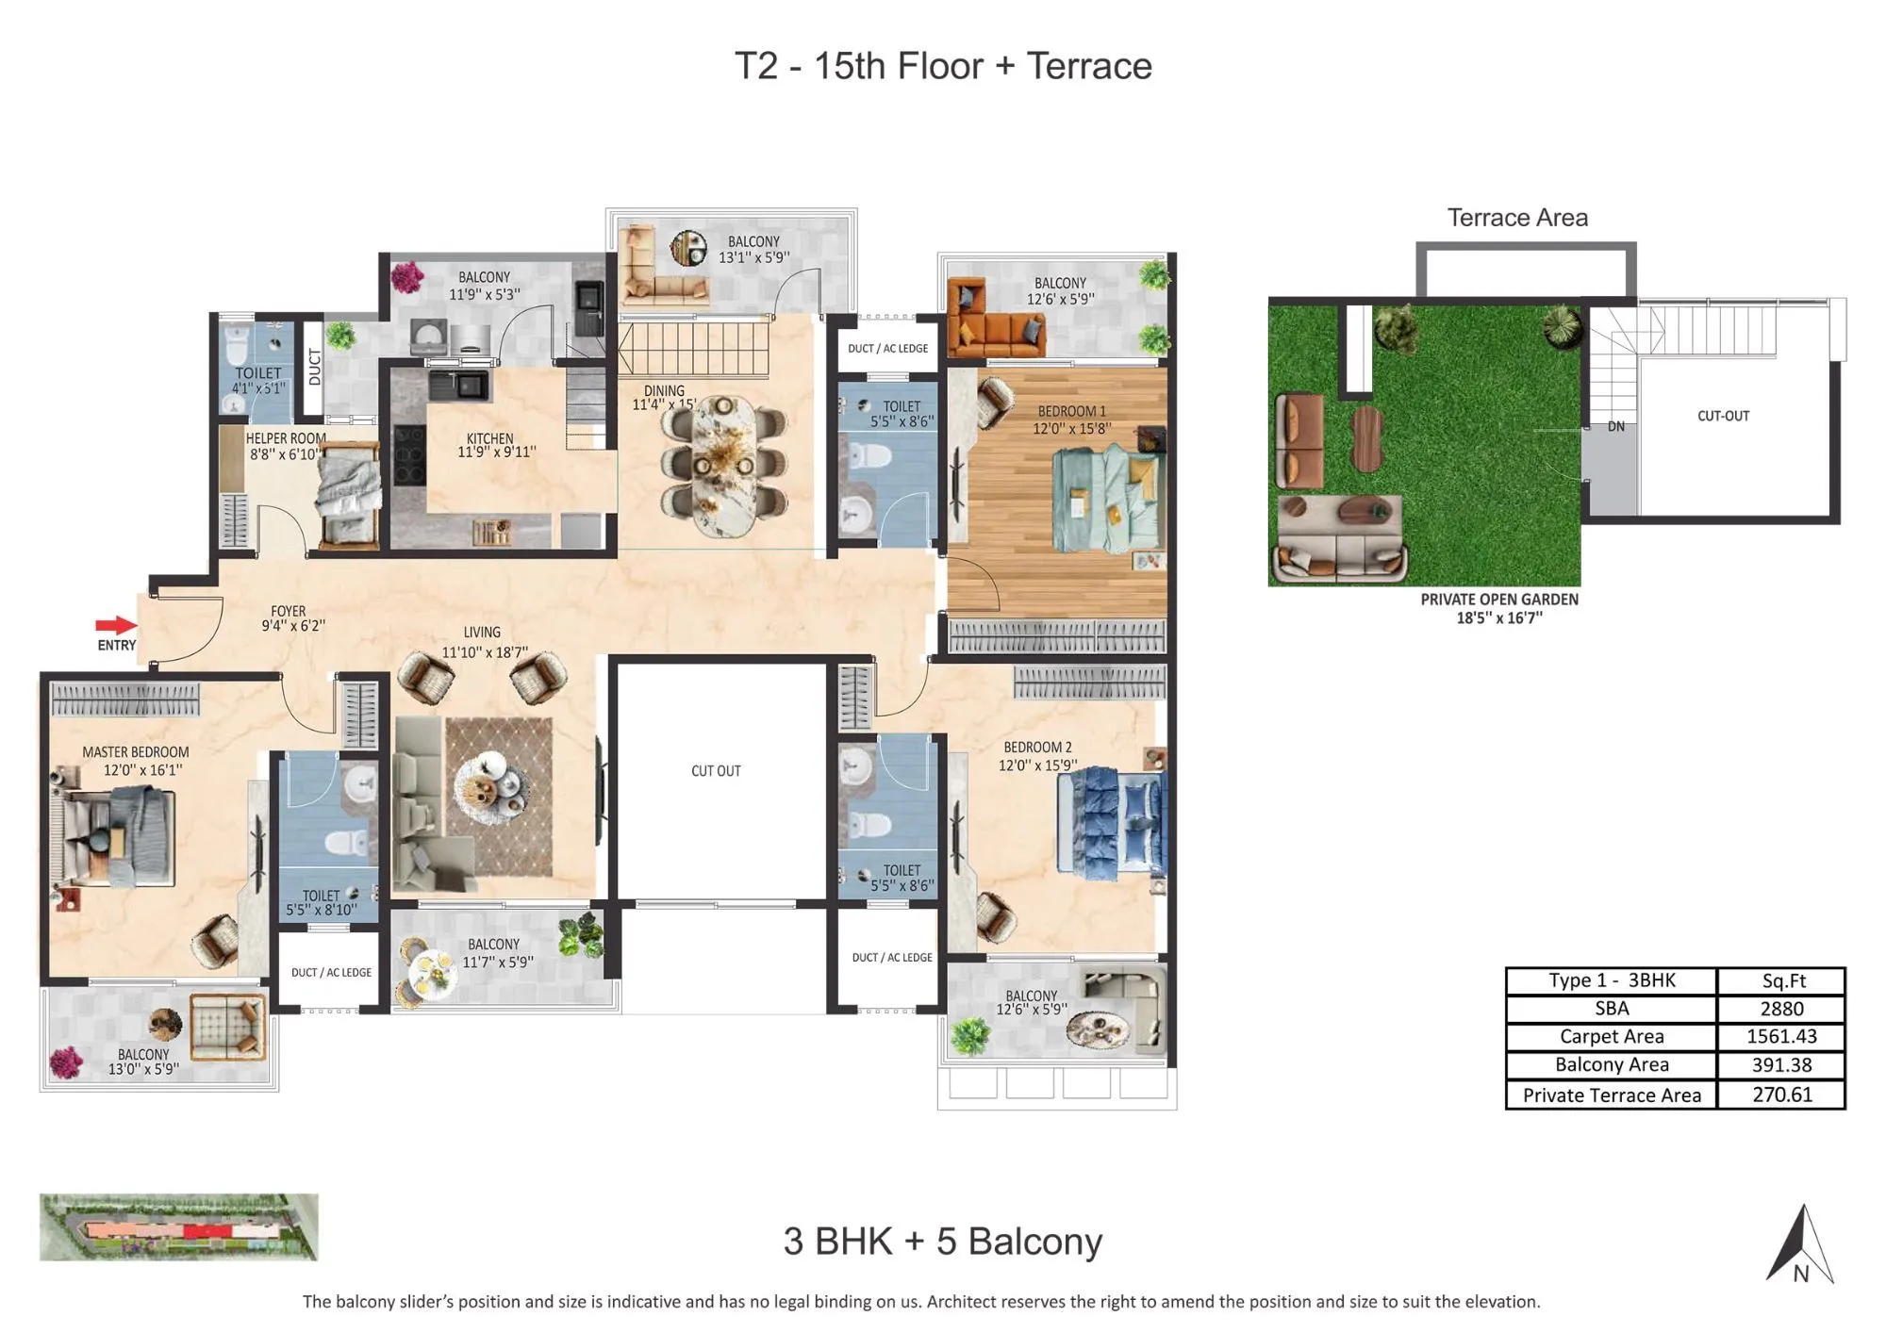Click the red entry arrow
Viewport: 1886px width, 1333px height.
click(116, 625)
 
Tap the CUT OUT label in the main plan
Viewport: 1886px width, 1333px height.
click(716, 771)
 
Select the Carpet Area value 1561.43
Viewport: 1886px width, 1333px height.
click(1780, 1036)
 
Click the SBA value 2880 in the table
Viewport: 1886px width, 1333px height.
click(1780, 1009)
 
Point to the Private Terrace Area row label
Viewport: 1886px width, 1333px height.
click(1611, 1094)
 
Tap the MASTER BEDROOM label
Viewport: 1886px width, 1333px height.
click(135, 752)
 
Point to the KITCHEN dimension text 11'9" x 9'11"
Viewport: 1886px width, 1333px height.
click(496, 453)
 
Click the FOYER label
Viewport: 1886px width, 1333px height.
click(288, 611)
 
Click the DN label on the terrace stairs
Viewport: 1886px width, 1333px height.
click(1615, 427)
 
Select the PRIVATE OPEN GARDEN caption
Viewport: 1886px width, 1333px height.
click(1498, 600)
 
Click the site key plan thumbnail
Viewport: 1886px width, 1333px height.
click(178, 1226)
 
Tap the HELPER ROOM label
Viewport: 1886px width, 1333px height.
click(286, 438)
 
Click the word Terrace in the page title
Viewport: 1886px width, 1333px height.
click(1088, 66)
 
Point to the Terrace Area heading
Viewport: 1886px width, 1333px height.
click(1516, 218)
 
